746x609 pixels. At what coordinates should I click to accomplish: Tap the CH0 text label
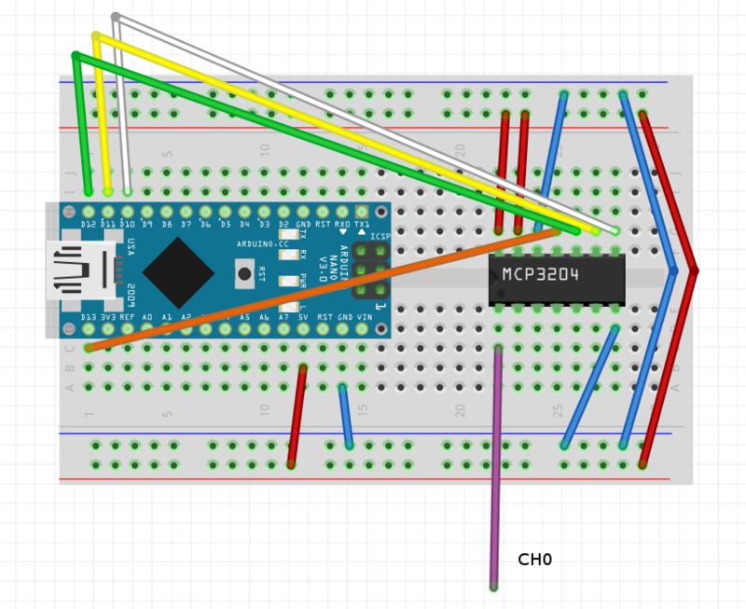point(535,560)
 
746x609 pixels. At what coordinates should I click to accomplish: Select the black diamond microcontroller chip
point(178,272)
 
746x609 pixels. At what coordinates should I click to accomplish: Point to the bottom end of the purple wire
point(493,587)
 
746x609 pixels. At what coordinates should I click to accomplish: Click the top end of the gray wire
point(115,17)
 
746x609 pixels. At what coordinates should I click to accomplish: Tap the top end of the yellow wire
point(95,36)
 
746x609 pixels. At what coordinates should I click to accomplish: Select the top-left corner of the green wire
point(76,57)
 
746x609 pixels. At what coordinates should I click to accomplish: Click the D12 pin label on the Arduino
point(89,225)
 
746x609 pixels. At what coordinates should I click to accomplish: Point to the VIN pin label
point(364,317)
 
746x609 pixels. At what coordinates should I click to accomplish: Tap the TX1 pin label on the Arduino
point(362,225)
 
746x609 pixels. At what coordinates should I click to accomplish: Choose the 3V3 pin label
point(108,317)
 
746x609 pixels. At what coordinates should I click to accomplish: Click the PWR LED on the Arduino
point(289,281)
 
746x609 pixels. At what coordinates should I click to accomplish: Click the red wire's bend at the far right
point(694,270)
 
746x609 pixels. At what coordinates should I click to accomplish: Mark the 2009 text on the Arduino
point(131,295)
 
